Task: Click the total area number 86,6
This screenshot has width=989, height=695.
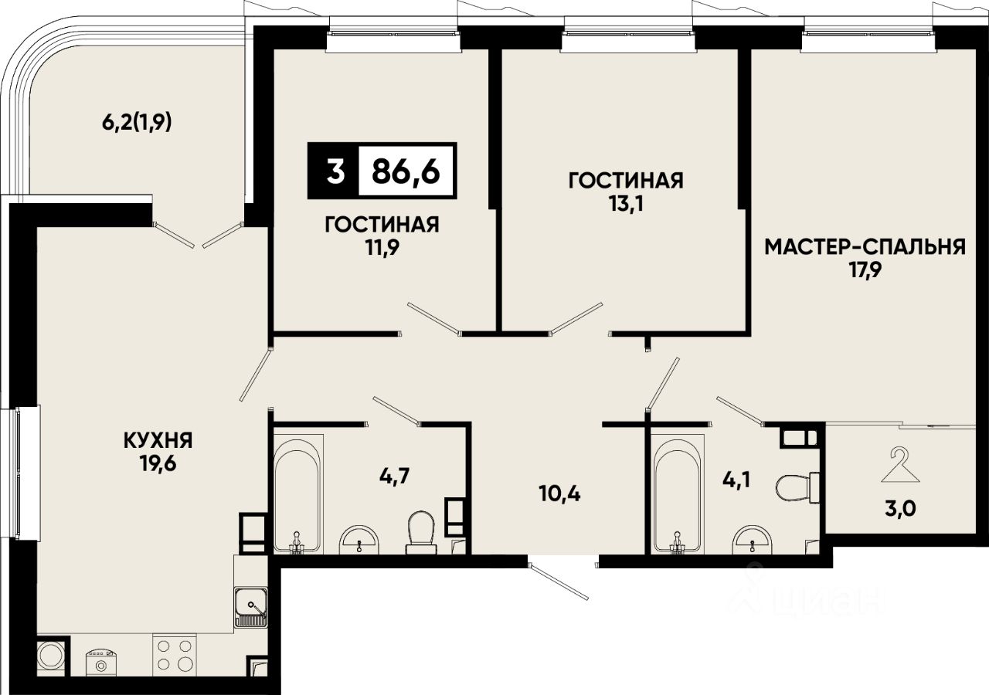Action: click(406, 171)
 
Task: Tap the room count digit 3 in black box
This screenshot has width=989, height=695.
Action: click(335, 171)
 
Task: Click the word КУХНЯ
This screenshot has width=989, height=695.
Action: click(158, 440)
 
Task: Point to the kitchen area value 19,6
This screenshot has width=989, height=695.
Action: click(158, 464)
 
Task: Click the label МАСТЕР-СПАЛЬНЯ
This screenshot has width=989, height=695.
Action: click(865, 247)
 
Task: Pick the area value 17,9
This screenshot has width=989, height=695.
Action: click(865, 270)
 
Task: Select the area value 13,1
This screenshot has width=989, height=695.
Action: click(626, 204)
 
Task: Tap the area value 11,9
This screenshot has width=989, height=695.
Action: click(382, 248)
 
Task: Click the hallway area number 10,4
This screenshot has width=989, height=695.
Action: click(560, 493)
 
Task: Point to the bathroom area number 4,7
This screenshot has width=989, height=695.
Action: click(395, 476)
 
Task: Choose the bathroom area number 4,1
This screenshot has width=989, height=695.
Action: click(736, 480)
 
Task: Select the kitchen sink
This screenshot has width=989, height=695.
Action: click(251, 608)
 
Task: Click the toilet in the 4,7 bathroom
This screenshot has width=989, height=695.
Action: click(421, 532)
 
